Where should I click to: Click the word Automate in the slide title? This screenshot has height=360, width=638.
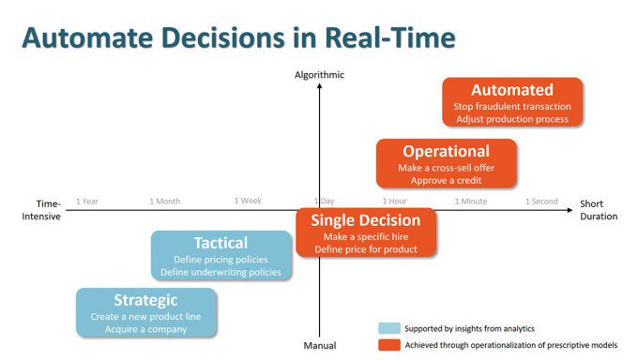coord(88,37)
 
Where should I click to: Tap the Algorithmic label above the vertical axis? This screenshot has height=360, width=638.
coord(319,75)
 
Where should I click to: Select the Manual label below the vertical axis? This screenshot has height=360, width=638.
coord(320,346)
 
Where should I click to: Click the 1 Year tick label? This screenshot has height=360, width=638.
coord(87,202)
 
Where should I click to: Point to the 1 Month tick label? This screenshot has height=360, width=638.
coord(165,202)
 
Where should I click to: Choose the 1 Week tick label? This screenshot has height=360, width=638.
coord(248,201)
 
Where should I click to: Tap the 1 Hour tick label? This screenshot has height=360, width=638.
coord(395,201)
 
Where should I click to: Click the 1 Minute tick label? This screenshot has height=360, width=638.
coord(471,201)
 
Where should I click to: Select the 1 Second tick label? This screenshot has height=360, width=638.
coord(541,201)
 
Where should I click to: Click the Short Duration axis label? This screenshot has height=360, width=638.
coord(599,210)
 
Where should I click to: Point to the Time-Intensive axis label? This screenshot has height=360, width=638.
coord(41,210)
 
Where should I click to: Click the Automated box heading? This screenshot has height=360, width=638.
coord(512,90)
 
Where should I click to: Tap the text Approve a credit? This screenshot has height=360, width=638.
coord(446,181)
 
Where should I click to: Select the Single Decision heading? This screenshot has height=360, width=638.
coord(366,220)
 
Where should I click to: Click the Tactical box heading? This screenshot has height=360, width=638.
coord(220,243)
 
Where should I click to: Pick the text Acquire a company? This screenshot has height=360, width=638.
coord(145,329)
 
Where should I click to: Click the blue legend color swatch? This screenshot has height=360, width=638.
coord(389,328)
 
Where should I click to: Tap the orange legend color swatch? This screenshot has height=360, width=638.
coord(389,345)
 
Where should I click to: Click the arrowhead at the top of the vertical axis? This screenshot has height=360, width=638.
coord(319,85)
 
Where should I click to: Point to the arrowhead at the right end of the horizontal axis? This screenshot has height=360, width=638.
coord(570,210)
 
